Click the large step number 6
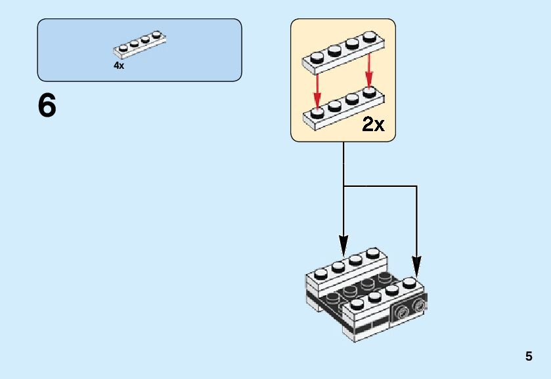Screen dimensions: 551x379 pos(47,106)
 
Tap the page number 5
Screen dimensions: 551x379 pos(529,356)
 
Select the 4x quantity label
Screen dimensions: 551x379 pos(119,66)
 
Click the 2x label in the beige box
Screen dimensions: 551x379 pos(373,124)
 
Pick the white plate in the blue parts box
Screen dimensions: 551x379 pos(139,45)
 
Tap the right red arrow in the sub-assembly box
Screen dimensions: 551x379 pos(368,70)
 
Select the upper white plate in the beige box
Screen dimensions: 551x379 pos(343,52)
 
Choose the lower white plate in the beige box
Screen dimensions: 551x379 pos(343,108)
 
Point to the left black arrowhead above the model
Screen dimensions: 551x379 pos(343,245)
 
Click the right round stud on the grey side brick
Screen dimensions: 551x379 pos(418,306)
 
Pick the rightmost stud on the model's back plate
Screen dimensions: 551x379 pos(373,252)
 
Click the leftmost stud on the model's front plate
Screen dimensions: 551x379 pos(357,304)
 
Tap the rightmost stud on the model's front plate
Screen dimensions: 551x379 pos(409,282)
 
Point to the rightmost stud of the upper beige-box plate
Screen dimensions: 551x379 pos(369,37)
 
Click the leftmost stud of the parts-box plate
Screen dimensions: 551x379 pos(123,48)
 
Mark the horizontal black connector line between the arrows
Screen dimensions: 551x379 pos(380,186)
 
